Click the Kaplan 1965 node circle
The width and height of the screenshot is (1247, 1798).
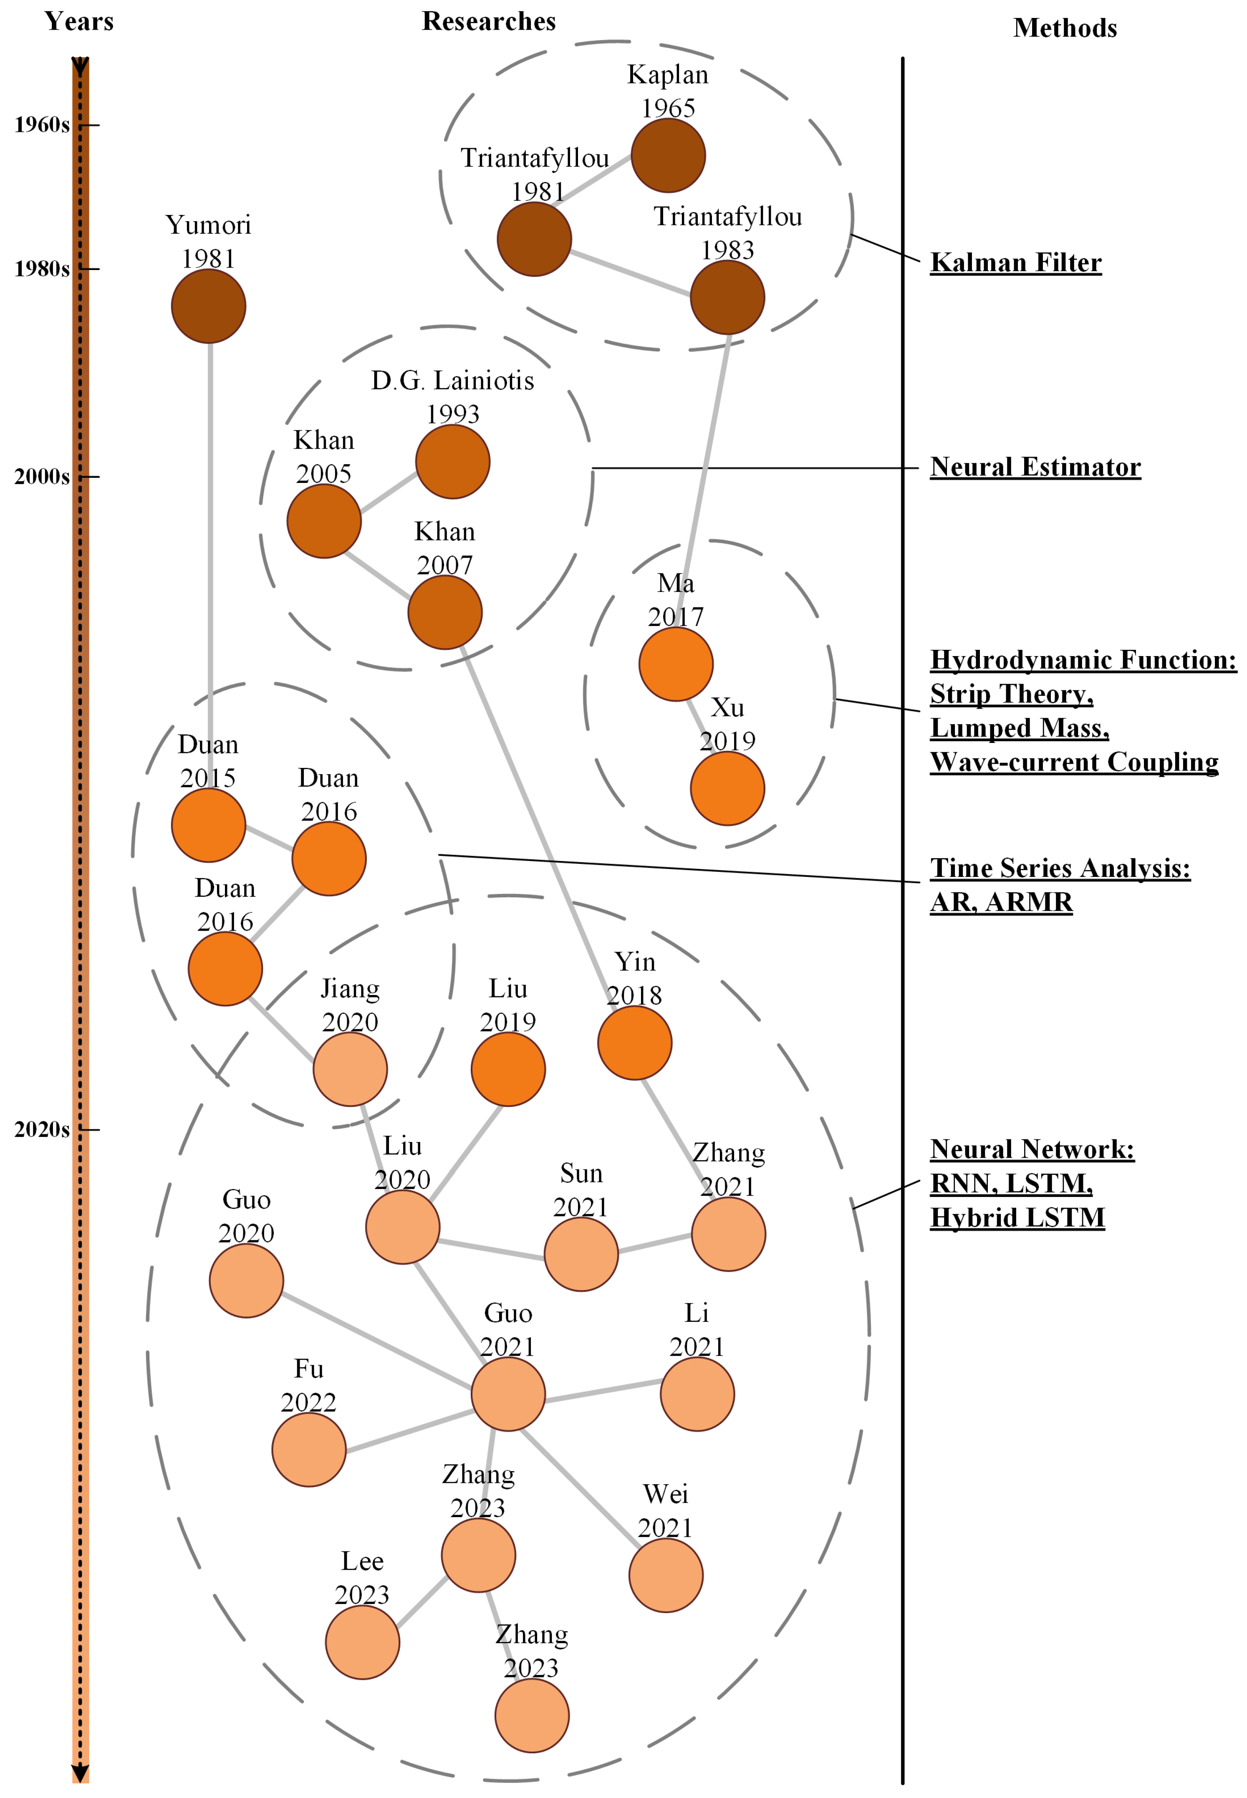click(x=668, y=156)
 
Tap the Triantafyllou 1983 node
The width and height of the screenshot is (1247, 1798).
click(x=727, y=297)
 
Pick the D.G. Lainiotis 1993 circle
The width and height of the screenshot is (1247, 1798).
click(x=452, y=462)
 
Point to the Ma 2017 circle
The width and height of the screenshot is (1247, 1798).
click(x=676, y=664)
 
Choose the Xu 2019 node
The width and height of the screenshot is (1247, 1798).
click(x=727, y=788)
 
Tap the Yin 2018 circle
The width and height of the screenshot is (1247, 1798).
click(x=634, y=1043)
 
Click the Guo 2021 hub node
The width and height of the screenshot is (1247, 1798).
click(x=508, y=1394)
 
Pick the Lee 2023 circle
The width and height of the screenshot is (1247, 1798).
click(x=363, y=1642)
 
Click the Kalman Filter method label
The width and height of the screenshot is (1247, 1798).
click(x=1016, y=263)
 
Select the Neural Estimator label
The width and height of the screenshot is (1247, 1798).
click(x=1035, y=467)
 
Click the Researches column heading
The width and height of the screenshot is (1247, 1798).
click(x=489, y=22)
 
